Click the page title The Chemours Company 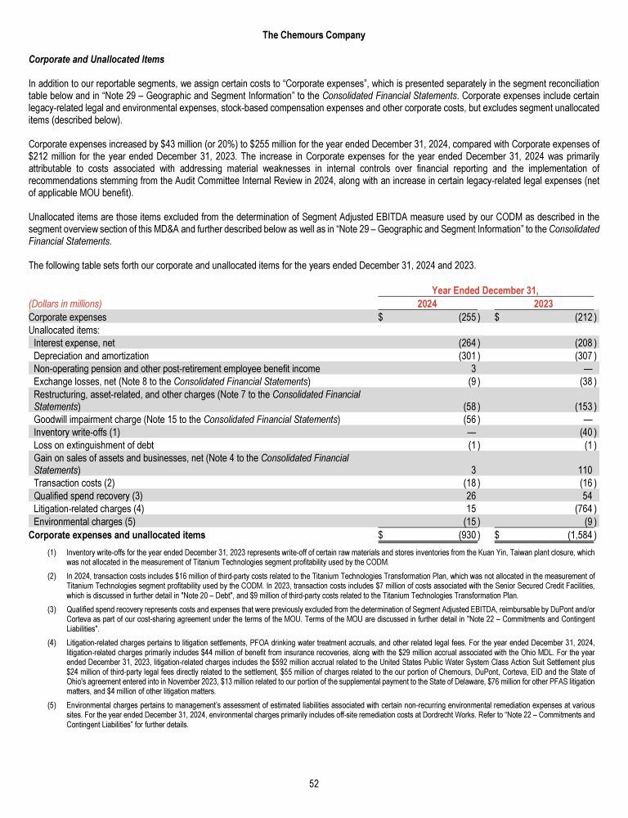pos(314,35)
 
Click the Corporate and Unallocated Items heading pos(96,60)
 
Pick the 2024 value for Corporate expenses pos(468,317)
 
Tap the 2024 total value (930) pos(468,535)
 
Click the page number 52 pos(314,783)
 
